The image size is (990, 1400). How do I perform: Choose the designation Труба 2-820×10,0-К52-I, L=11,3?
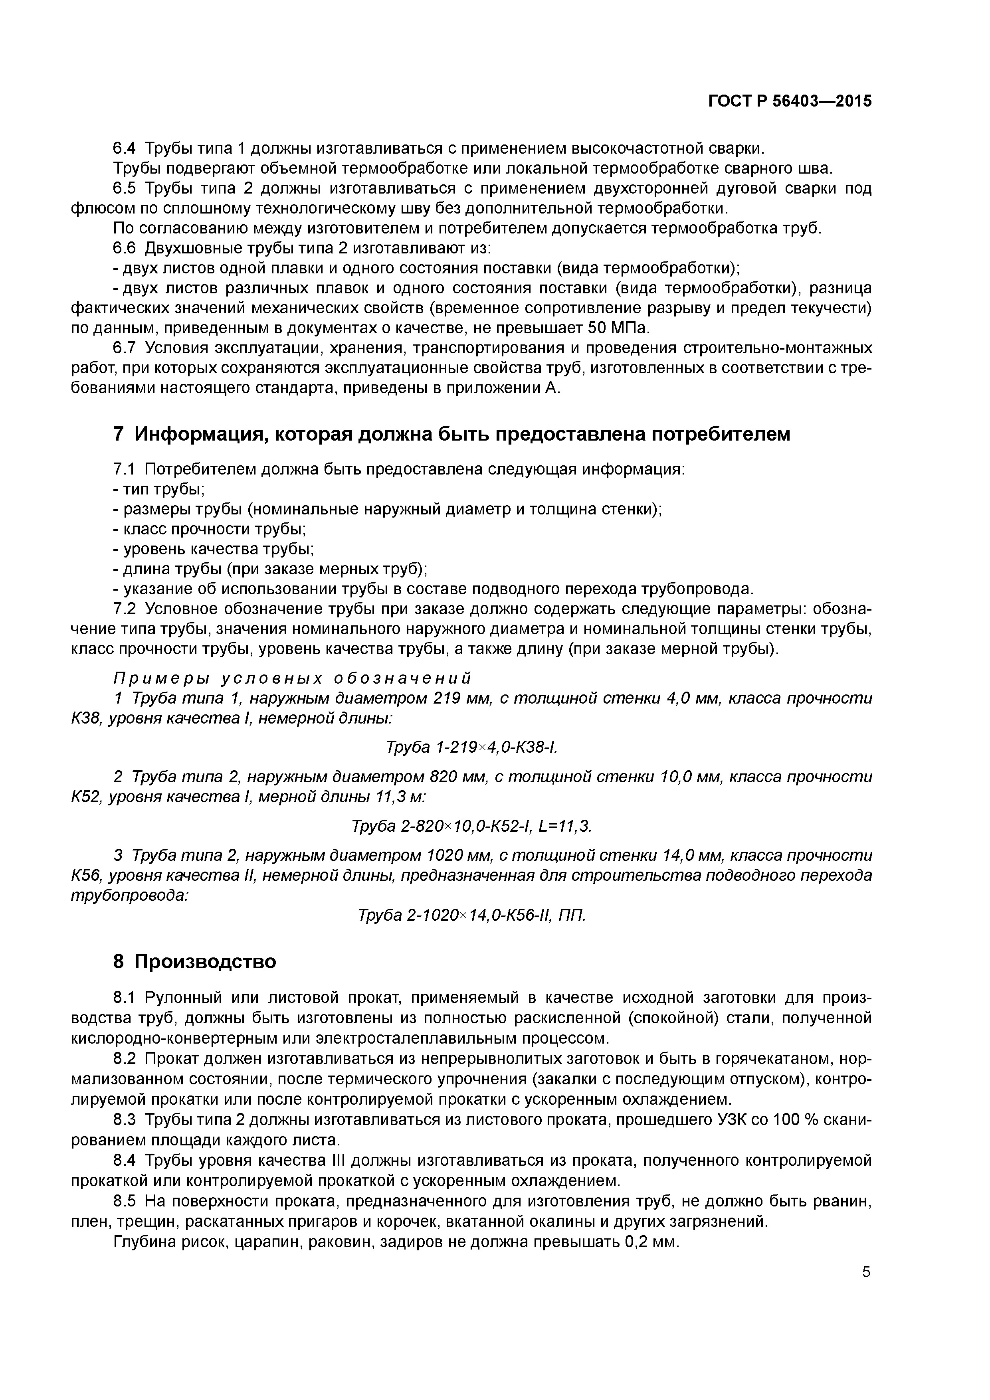pyautogui.click(x=472, y=826)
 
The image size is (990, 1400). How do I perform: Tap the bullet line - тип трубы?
pyautogui.click(x=158, y=489)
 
